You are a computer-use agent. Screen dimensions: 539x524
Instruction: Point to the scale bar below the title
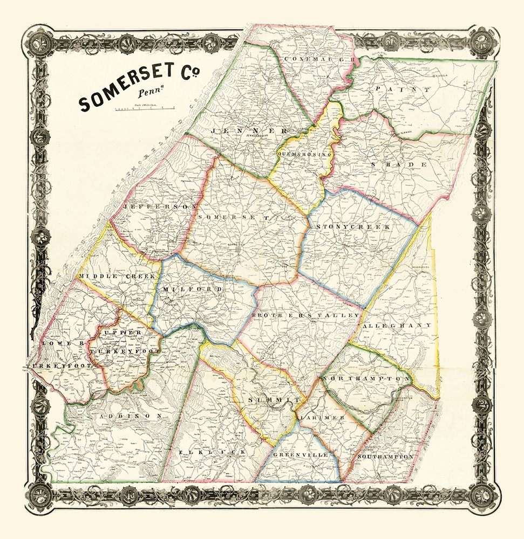tap(144, 110)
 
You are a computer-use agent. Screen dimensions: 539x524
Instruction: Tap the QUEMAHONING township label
tap(303, 154)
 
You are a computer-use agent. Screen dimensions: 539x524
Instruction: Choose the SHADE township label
tap(399, 164)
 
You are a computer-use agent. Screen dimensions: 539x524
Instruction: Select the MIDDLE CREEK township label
tap(117, 276)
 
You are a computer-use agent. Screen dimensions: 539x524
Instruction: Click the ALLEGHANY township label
tap(397, 326)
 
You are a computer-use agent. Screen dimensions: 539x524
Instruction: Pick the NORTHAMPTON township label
tap(366, 379)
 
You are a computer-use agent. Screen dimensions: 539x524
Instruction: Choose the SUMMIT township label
tap(274, 400)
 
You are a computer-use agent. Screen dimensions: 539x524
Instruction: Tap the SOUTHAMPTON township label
tap(385, 457)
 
